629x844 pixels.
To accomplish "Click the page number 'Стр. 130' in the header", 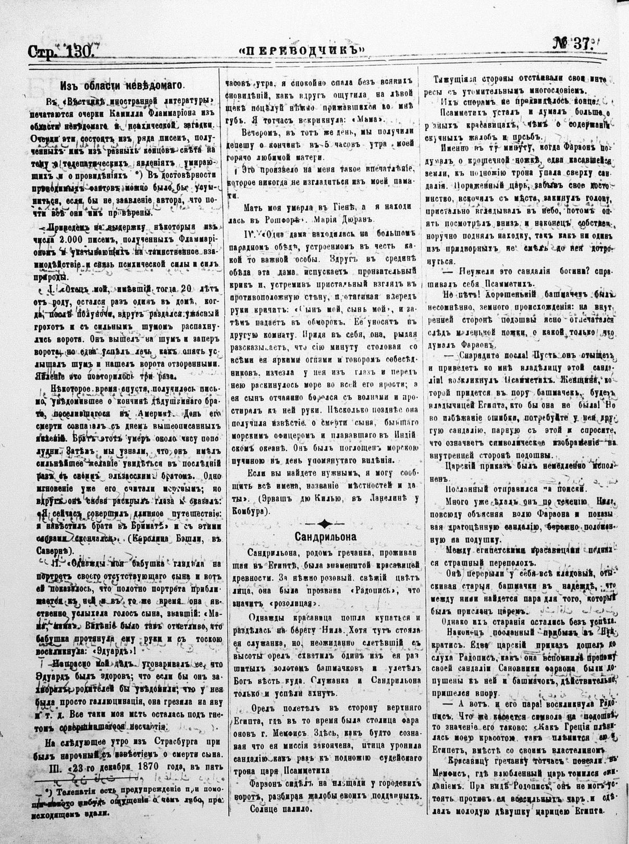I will [x=60, y=52].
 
